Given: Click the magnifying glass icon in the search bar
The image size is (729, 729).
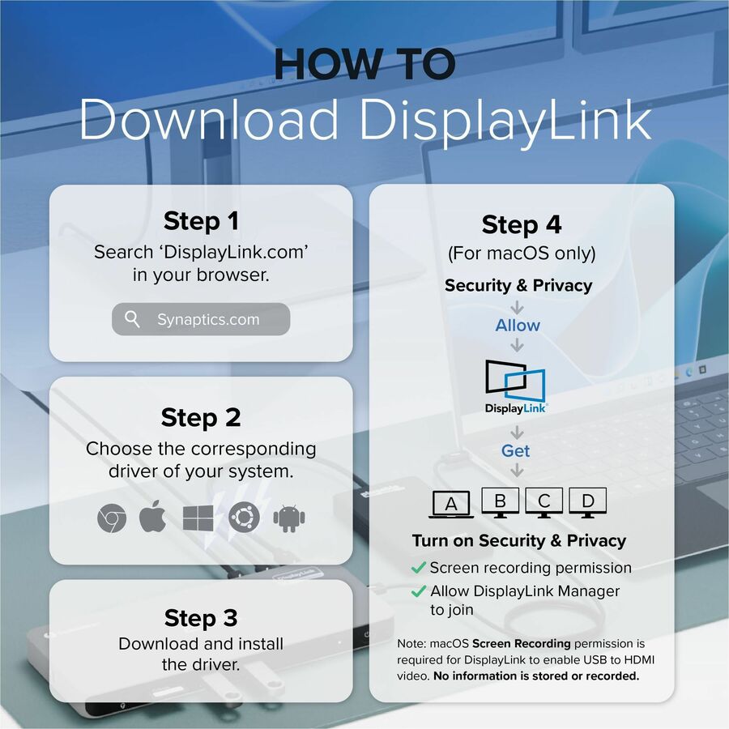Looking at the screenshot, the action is point(132,319).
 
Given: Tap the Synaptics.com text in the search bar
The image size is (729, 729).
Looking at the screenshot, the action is point(208,319).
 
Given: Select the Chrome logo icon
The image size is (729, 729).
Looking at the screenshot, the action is point(112,518).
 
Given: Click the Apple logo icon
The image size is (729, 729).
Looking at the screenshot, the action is point(153,517).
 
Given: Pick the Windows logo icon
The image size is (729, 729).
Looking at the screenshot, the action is point(198,518).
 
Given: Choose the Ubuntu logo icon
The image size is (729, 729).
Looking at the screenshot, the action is point(244,518).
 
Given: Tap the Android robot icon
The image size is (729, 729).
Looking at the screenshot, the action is point(289,518).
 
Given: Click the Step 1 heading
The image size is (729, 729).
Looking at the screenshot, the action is point(201,221).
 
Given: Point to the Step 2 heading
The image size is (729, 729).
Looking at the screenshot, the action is point(201,417).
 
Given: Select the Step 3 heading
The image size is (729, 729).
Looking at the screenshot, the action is point(201,618).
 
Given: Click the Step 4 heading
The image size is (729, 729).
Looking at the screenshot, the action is point(522,224).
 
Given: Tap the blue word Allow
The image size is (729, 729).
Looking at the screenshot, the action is point(518,326).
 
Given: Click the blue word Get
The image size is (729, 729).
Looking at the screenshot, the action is point(516,450).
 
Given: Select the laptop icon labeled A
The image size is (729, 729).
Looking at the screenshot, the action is point(451,504).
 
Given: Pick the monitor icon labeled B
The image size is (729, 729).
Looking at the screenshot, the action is point(500,502).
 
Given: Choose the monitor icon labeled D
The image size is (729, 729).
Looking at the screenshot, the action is point(588,502).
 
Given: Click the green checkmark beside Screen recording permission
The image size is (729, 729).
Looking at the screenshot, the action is point(419,567).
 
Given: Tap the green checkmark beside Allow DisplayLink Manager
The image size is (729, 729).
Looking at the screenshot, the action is point(419,591).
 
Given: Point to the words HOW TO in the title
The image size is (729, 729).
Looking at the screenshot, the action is point(365,64).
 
